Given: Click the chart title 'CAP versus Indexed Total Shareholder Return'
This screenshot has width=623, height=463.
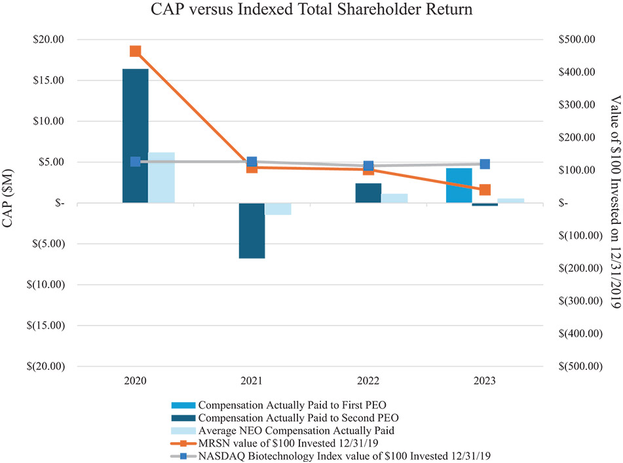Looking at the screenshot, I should click(311, 10).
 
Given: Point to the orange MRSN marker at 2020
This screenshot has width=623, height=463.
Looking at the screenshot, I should click(136, 51).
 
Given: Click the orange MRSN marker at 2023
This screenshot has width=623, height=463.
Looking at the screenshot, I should click(485, 190).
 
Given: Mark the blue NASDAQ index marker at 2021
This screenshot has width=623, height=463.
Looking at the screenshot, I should click(252, 162).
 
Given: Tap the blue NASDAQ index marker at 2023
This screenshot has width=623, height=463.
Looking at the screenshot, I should click(485, 164).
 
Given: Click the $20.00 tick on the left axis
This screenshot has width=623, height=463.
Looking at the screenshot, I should click(49, 39).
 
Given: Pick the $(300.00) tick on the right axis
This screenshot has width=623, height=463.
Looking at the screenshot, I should click(576, 301).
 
